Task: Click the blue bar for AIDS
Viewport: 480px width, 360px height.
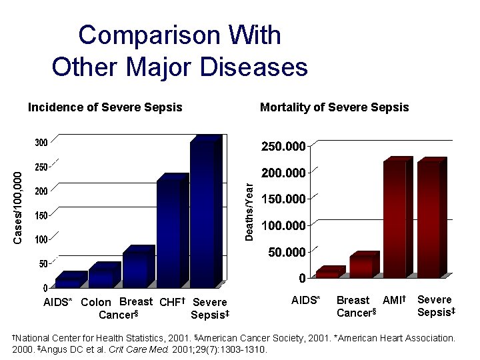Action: pyautogui.click(x=69, y=282)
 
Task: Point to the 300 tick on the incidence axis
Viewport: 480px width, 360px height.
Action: pyautogui.click(x=41, y=143)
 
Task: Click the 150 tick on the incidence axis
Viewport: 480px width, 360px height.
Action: pyautogui.click(x=41, y=215)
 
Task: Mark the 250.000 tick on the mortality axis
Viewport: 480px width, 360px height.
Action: pyautogui.click(x=285, y=147)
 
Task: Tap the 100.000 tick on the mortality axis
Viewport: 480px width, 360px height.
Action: pyautogui.click(x=285, y=226)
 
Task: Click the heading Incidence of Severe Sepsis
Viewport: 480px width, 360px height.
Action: pyautogui.click(x=105, y=107)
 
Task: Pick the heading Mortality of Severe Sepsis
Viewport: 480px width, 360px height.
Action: pyautogui.click(x=334, y=107)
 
